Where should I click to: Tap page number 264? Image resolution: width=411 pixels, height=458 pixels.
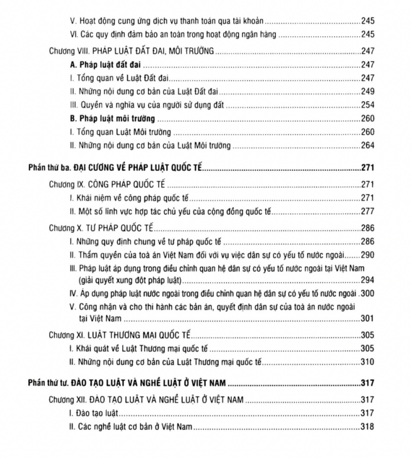pyautogui.click(x=367, y=145)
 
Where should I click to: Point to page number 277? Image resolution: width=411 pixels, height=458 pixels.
pyautogui.click(x=367, y=211)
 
